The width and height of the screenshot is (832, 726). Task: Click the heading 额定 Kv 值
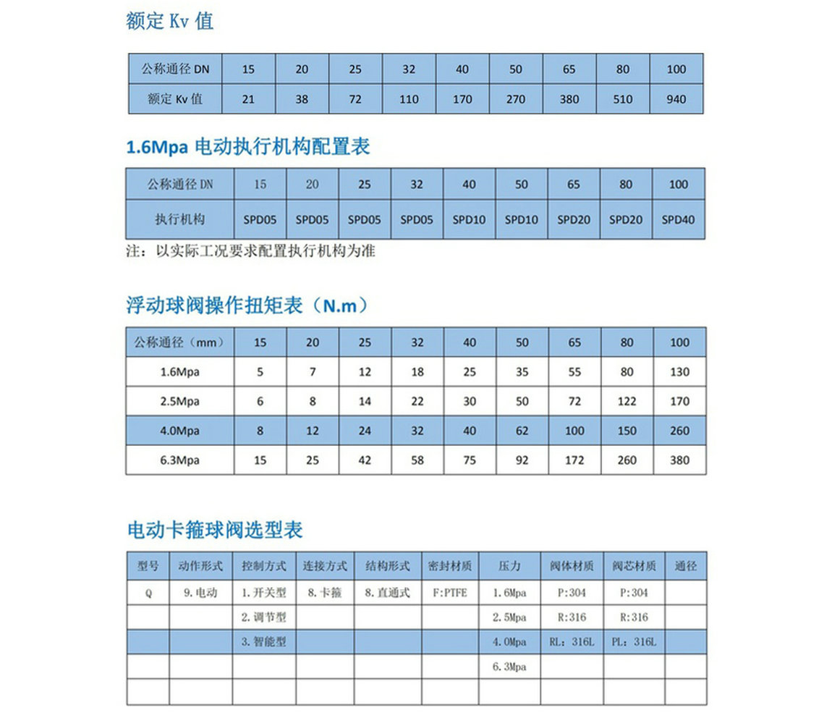pyautogui.click(x=169, y=21)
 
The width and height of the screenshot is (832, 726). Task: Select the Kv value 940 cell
pyautogui.click(x=676, y=99)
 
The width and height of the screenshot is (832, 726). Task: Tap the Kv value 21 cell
pyautogui.click(x=248, y=99)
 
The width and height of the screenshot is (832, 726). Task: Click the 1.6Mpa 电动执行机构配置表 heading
pyautogui.click(x=248, y=147)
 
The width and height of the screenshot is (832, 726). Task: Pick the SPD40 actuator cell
pyautogui.click(x=678, y=219)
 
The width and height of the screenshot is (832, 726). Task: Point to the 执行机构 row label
pyautogui.click(x=180, y=219)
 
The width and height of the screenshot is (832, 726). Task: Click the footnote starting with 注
pyautogui.click(x=250, y=252)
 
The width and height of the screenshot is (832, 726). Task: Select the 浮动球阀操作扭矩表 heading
pyautogui.click(x=247, y=306)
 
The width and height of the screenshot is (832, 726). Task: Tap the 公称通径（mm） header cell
pyautogui.click(x=179, y=342)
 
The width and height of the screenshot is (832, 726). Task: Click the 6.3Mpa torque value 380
pyautogui.click(x=679, y=460)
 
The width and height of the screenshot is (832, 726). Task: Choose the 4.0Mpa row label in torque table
pyautogui.click(x=179, y=431)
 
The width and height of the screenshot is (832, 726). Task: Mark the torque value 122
pyautogui.click(x=627, y=401)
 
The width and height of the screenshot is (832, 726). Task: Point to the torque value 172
pyautogui.click(x=574, y=460)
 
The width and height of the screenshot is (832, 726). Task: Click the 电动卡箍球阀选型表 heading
pyautogui.click(x=214, y=530)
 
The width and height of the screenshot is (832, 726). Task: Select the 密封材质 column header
pyautogui.click(x=450, y=566)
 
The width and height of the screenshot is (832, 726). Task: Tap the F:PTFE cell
pyautogui.click(x=450, y=593)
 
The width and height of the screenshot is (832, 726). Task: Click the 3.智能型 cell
pyautogui.click(x=264, y=642)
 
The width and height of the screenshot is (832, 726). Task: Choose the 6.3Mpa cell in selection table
pyautogui.click(x=509, y=667)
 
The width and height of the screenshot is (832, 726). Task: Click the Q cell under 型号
pyautogui.click(x=148, y=593)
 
